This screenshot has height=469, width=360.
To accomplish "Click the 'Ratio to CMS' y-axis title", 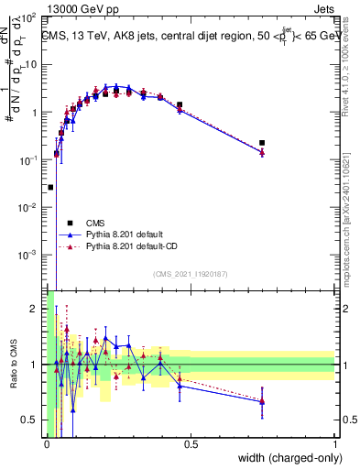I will point(13,363).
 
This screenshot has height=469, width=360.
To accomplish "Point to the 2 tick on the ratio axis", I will point(33,308).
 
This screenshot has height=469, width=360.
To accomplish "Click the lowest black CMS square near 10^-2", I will point(50,187).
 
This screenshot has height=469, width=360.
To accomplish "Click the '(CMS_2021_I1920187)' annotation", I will point(189,274).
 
